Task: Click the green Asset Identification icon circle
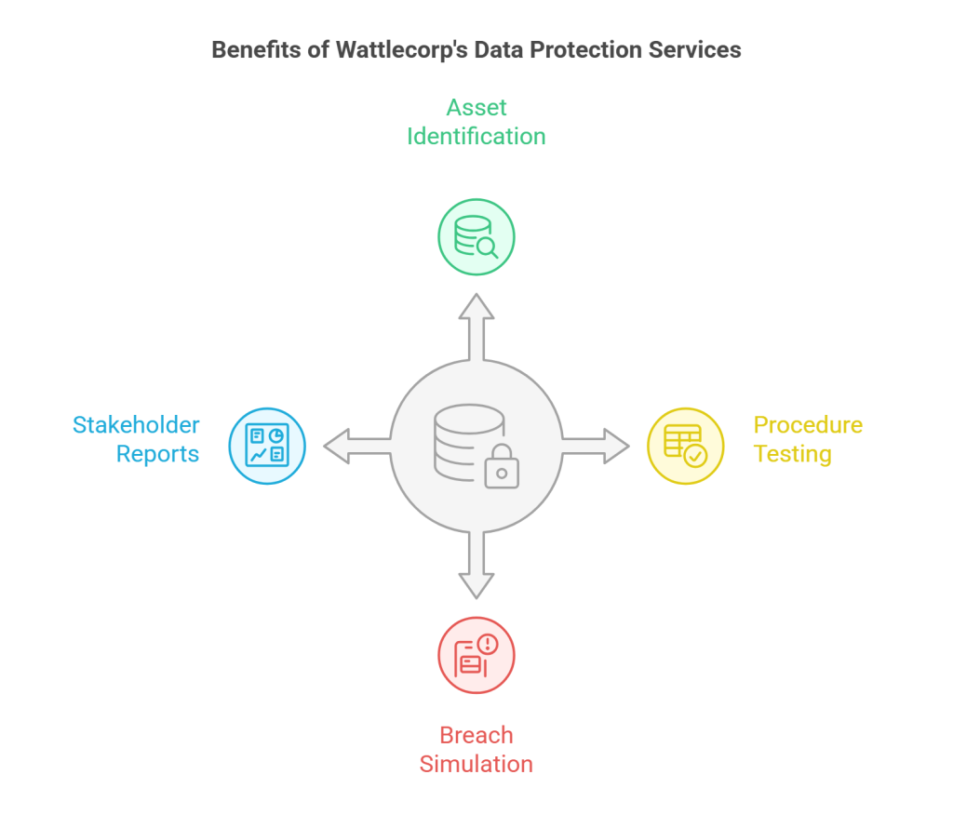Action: tap(476, 237)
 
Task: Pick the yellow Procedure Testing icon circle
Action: tap(685, 446)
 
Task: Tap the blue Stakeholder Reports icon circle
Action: tap(267, 446)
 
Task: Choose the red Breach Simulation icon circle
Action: tap(476, 655)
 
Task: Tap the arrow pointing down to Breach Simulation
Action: tap(476, 568)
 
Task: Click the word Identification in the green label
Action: tap(476, 136)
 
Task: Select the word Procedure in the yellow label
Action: tap(808, 425)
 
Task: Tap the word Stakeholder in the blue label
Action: tap(136, 425)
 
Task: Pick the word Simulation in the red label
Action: tap(476, 764)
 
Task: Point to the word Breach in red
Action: tap(476, 735)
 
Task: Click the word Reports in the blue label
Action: tap(157, 454)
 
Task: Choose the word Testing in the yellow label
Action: tap(792, 454)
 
